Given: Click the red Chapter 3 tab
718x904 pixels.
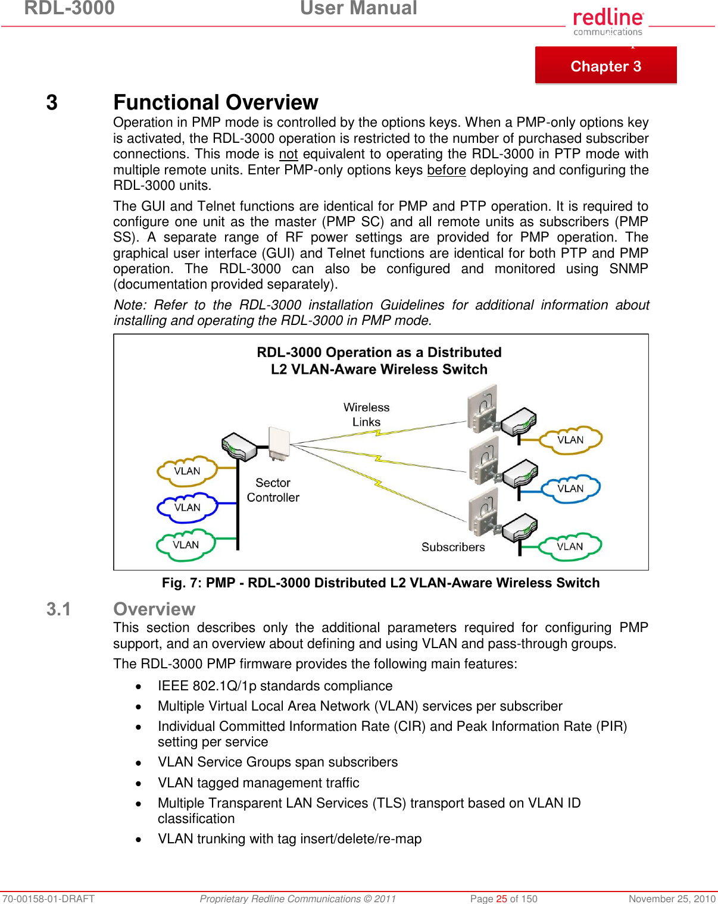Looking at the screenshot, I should pyautogui.click(x=605, y=65).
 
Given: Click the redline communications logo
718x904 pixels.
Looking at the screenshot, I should pyautogui.click(x=608, y=22).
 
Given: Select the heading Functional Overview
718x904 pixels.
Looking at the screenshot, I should pyautogui.click(x=216, y=102).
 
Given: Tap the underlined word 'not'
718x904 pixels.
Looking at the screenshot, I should pyautogui.click(x=288, y=154).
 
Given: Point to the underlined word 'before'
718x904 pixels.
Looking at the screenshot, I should pyautogui.click(x=446, y=170).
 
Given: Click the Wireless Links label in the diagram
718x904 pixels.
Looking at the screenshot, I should pyautogui.click(x=366, y=415).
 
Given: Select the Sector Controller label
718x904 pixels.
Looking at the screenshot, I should pyautogui.click(x=273, y=490).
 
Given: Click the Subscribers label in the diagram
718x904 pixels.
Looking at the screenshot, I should pyautogui.click(x=453, y=547).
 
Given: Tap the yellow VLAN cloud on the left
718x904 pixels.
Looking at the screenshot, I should pyautogui.click(x=187, y=471).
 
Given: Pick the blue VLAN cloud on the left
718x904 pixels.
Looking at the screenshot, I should pyautogui.click(x=187, y=508).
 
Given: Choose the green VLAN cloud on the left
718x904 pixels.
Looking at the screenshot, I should pyautogui.click(x=186, y=545).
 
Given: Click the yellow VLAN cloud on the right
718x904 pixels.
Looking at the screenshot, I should pyautogui.click(x=570, y=440).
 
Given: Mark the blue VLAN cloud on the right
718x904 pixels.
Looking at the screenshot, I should pyautogui.click(x=570, y=489).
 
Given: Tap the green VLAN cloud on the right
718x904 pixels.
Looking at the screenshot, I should pyautogui.click(x=570, y=546).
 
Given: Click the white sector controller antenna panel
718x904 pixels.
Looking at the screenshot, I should pyautogui.click(x=279, y=443).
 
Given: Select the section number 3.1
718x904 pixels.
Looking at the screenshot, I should pyautogui.click(x=58, y=609).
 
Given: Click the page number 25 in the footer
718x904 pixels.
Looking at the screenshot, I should pyautogui.click(x=501, y=899).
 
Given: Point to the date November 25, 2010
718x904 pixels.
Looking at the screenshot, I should pyautogui.click(x=672, y=899).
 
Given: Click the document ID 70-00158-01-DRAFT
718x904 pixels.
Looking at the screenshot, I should pyautogui.click(x=48, y=899).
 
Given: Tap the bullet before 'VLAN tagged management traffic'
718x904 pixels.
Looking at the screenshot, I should pyautogui.click(x=139, y=784).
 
